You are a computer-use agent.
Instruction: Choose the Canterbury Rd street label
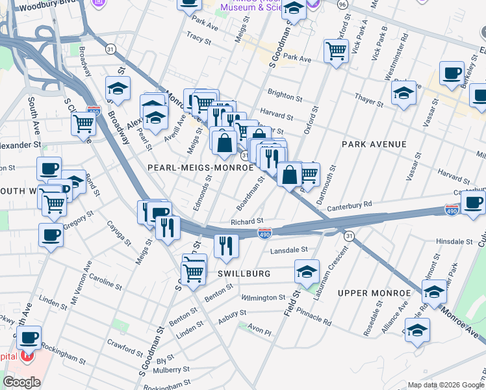(349, 205)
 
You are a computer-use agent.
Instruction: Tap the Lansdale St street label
(288, 250)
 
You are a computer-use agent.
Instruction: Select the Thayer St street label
(369, 97)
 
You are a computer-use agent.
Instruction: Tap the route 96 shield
(342, 4)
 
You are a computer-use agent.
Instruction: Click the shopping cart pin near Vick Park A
(336, 50)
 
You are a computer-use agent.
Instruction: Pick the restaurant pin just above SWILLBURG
(226, 245)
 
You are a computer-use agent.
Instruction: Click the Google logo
(21, 382)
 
